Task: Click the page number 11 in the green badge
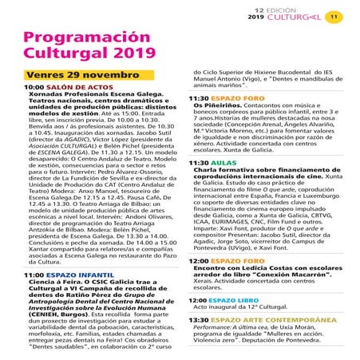(x=335, y=15)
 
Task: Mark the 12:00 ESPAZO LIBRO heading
(x=231, y=300)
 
